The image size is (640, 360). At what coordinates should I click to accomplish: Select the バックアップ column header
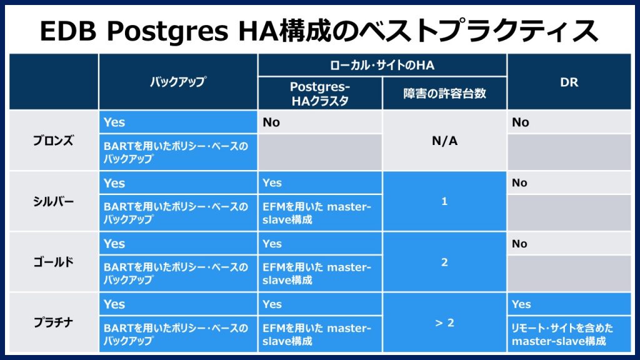[177, 82]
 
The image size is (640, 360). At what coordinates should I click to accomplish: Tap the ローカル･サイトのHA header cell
[381, 65]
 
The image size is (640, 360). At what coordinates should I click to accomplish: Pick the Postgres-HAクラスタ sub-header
[319, 94]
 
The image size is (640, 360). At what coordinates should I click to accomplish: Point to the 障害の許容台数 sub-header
[444, 94]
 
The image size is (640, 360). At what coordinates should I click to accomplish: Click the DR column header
[569, 82]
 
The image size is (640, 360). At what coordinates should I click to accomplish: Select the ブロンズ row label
[53, 141]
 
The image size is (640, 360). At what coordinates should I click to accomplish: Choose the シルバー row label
[53, 201]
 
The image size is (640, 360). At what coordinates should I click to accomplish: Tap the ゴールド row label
[53, 262]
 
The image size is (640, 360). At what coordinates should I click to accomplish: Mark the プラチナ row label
[53, 322]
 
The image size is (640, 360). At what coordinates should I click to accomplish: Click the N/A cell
[444, 141]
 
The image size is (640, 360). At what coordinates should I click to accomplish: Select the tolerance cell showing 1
[444, 202]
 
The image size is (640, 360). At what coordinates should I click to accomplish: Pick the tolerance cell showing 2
[444, 262]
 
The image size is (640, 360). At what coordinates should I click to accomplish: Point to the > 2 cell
[444, 323]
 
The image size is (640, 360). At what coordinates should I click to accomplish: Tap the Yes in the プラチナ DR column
[521, 304]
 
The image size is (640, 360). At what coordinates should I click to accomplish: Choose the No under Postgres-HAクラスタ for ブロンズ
[271, 122]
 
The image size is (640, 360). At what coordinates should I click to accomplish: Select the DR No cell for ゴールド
[520, 244]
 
